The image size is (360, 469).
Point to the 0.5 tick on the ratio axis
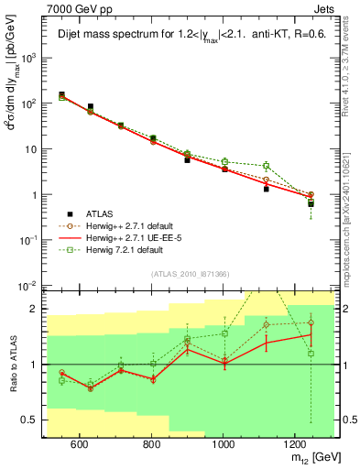[x=32, y=421]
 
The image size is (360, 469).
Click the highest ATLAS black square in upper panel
[x=61, y=95]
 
